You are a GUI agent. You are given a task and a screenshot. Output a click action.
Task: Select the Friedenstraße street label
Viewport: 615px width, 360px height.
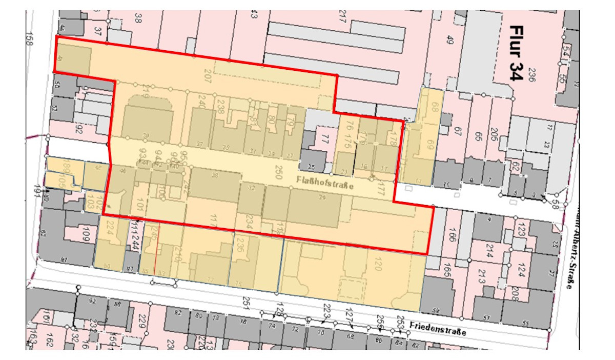coord(438,328)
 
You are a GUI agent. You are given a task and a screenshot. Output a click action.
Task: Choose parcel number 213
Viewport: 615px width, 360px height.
coord(481,277)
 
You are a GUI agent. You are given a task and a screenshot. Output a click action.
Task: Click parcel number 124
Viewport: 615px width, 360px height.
coord(522,268)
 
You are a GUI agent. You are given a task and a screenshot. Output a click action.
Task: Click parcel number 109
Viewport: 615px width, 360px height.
coord(86,235)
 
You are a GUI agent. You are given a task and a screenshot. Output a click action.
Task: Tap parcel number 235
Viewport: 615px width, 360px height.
coord(240,247)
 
